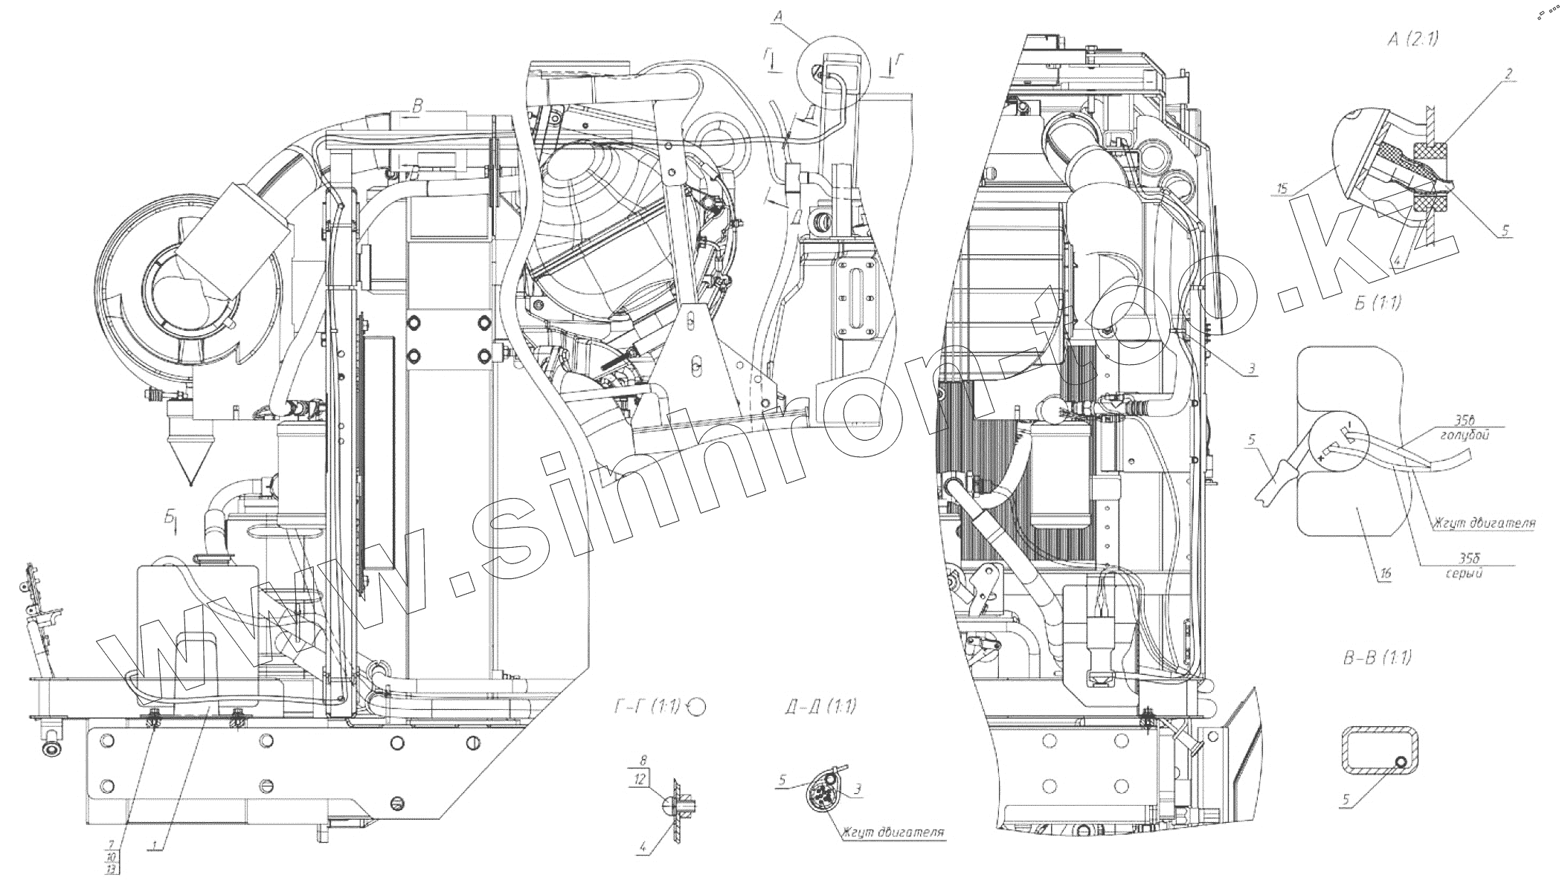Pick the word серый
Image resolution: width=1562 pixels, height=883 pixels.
tap(1462, 574)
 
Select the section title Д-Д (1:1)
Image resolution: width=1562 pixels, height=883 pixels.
tap(818, 707)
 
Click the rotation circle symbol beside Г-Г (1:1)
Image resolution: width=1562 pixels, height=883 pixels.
tap(696, 707)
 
